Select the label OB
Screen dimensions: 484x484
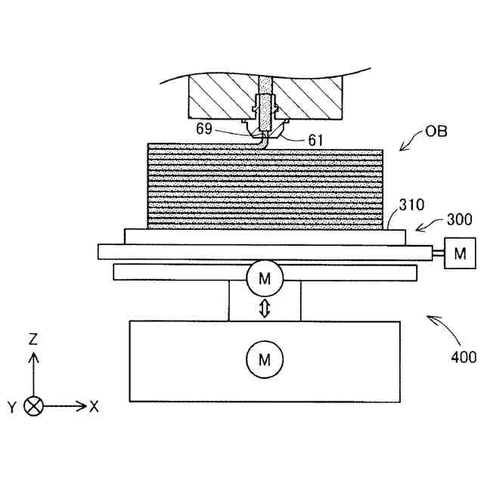(x=437, y=131)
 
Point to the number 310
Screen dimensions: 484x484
(x=412, y=204)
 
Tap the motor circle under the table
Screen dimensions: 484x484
(x=264, y=279)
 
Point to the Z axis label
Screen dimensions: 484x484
(x=33, y=340)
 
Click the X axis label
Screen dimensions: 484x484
(x=94, y=406)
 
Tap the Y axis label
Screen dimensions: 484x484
(x=12, y=407)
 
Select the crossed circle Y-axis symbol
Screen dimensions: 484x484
(x=33, y=406)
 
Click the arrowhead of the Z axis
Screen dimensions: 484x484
(x=33, y=355)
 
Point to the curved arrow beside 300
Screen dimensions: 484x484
(x=428, y=225)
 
